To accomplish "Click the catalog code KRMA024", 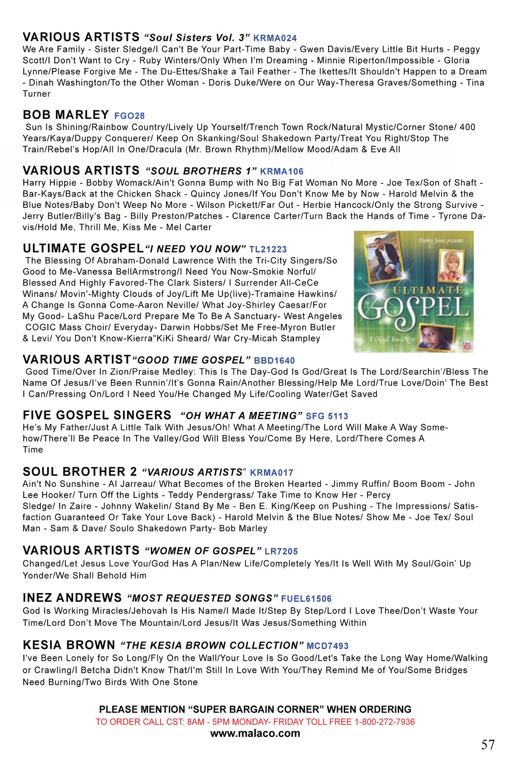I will tap(275, 38).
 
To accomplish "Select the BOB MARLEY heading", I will tap(66, 115).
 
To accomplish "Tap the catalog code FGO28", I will tap(130, 116).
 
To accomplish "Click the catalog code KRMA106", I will tap(282, 171).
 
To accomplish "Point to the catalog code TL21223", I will tap(268, 249).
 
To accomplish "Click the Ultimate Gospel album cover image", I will tap(414, 292).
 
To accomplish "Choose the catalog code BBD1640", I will tap(275, 360).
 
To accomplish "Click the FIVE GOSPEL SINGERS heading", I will tap(97, 415).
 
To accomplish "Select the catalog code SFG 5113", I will tap(327, 416).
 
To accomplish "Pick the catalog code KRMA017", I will tap(272, 473).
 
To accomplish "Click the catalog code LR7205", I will tap(281, 552).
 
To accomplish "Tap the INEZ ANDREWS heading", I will tap(72, 598).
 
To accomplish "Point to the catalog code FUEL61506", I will tap(306, 599).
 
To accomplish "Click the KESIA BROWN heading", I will tap(69, 645).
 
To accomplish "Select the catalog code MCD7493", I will tap(327, 646).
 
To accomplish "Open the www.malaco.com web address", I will tap(255, 734).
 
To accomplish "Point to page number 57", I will tap(488, 745).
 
